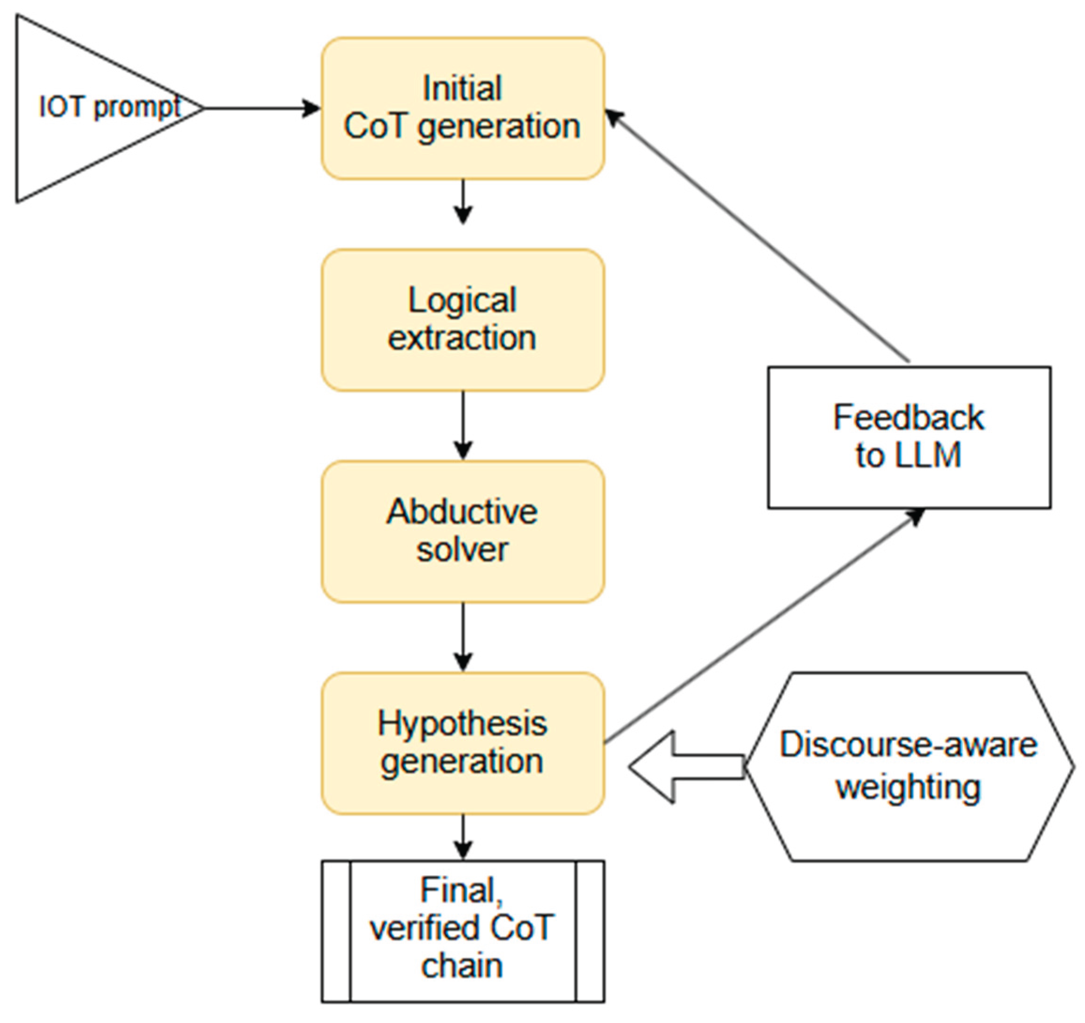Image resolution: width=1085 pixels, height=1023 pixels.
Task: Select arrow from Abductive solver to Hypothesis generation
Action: pyautogui.click(x=463, y=636)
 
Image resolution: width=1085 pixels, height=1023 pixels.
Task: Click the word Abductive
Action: pyautogui.click(x=462, y=512)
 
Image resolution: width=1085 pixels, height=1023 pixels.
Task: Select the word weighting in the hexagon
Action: pyautogui.click(x=909, y=787)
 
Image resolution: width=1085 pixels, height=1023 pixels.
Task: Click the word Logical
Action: pyautogui.click(x=462, y=300)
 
